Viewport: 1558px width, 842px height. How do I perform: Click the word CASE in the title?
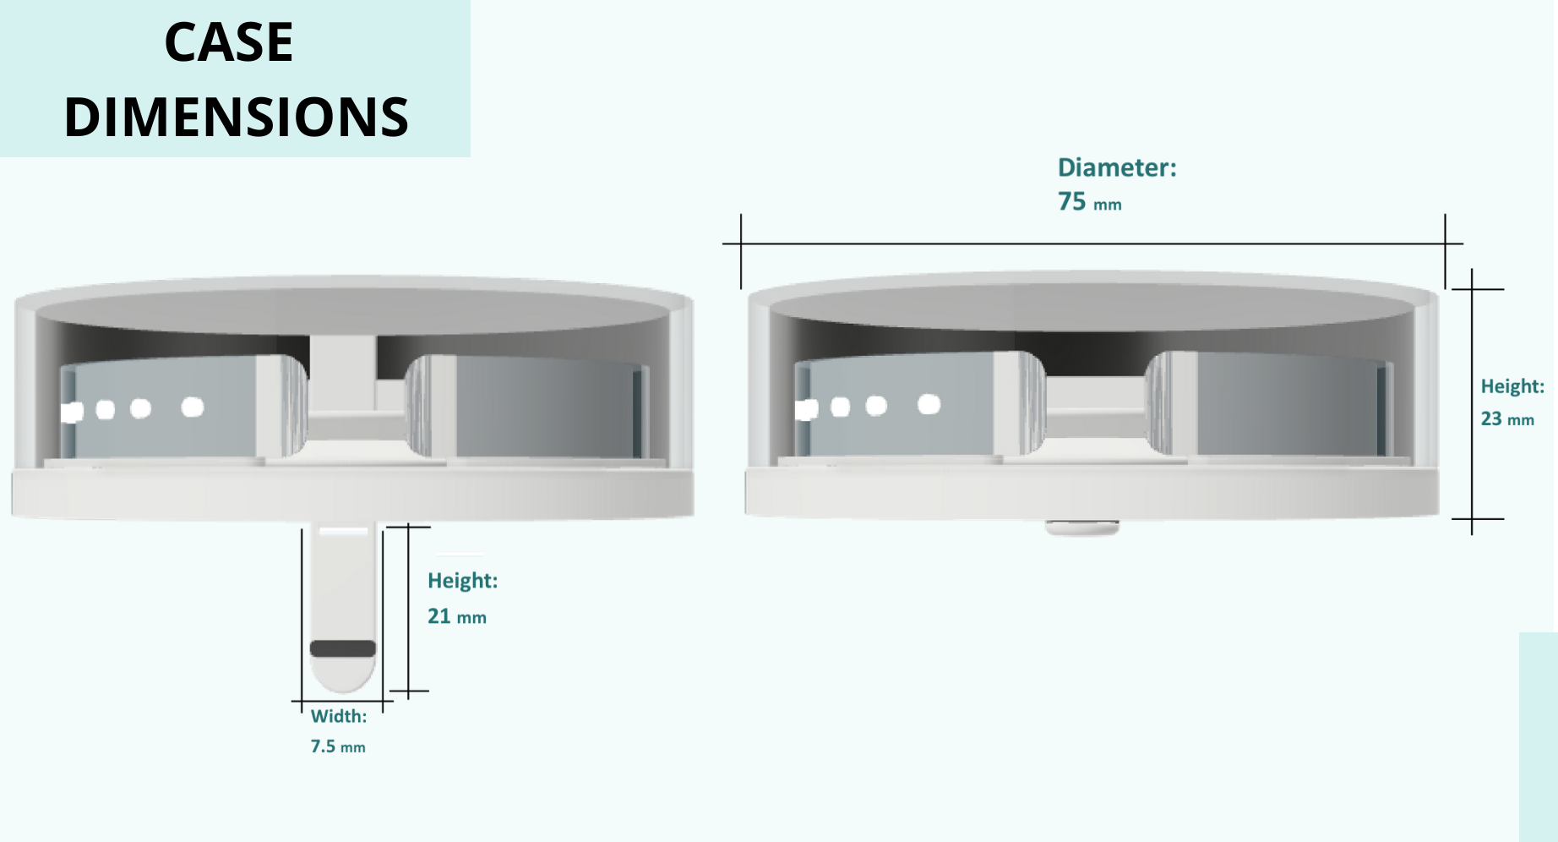point(228,42)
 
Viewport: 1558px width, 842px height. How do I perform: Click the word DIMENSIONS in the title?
point(237,117)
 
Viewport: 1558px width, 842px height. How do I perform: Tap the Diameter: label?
point(1117,167)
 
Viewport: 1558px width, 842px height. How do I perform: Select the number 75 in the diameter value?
point(1071,201)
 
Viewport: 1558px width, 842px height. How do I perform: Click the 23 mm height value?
point(1507,418)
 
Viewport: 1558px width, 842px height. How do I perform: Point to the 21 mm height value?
point(456,616)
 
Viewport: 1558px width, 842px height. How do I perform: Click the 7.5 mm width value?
point(338,746)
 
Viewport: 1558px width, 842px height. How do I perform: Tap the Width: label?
point(339,716)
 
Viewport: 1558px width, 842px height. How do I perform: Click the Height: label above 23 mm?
point(1512,386)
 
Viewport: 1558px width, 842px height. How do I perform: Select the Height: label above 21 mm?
point(462,581)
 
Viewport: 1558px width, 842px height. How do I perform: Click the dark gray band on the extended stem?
point(343,648)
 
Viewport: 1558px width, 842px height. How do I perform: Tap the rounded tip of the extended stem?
point(343,676)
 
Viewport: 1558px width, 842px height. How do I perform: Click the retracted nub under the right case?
point(1082,528)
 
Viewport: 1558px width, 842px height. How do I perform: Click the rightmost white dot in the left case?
point(193,407)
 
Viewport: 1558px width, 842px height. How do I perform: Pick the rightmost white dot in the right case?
point(929,405)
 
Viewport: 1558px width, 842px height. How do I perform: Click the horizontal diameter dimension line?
point(1092,244)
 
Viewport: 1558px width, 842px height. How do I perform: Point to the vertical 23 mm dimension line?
point(1472,402)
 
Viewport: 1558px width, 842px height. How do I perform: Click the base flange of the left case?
point(352,494)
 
